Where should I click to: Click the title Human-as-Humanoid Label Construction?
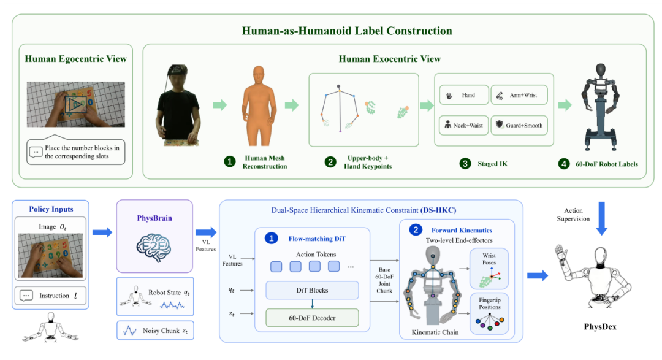(x=346, y=31)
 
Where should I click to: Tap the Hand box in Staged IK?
(x=464, y=95)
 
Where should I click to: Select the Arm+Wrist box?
(x=519, y=95)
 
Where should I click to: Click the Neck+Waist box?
(x=464, y=126)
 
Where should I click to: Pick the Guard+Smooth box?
(x=519, y=126)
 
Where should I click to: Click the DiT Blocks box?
(x=312, y=290)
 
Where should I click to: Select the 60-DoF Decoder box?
(x=312, y=318)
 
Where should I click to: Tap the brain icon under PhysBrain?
(x=153, y=247)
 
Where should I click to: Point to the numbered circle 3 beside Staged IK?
(x=465, y=164)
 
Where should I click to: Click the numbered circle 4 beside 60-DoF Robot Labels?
(x=564, y=164)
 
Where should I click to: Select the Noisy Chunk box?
(x=155, y=331)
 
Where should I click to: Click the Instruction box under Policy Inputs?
(x=50, y=296)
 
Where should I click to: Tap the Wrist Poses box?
(x=489, y=269)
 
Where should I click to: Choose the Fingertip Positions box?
(x=489, y=313)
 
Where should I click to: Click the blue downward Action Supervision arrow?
(x=602, y=218)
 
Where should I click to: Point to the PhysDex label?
(x=600, y=327)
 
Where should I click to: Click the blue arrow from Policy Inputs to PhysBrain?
(x=102, y=232)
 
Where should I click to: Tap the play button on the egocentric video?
(x=76, y=104)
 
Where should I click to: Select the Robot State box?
(x=155, y=297)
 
